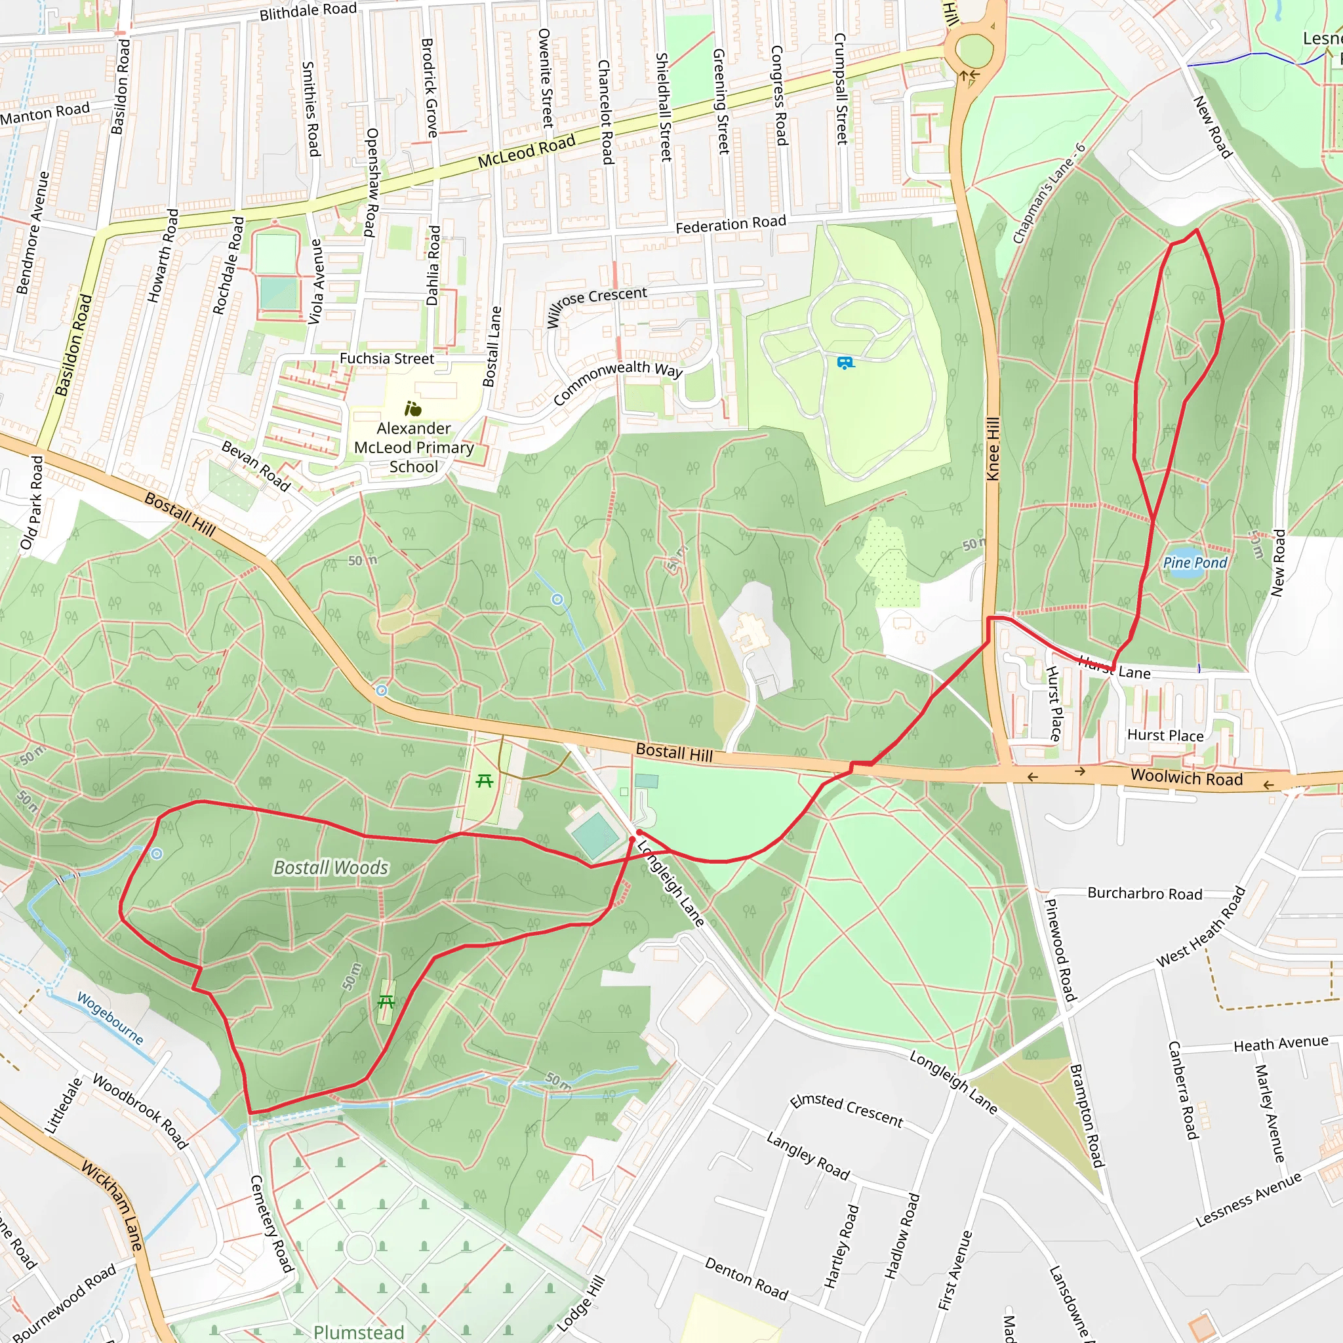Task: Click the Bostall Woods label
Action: pyautogui.click(x=331, y=868)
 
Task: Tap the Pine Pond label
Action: pyautogui.click(x=1195, y=563)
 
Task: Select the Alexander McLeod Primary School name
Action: pyautogui.click(x=414, y=448)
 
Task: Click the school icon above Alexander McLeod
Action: pyautogui.click(x=413, y=409)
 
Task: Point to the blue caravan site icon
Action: pyautogui.click(x=845, y=363)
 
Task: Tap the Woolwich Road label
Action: pyautogui.click(x=1186, y=777)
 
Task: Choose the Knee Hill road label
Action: pyautogui.click(x=993, y=449)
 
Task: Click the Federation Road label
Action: pyautogui.click(x=731, y=224)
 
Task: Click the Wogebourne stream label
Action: pyautogui.click(x=110, y=1018)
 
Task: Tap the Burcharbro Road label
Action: pyautogui.click(x=1144, y=893)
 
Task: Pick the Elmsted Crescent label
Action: pyautogui.click(x=846, y=1110)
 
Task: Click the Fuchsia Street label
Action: pyautogui.click(x=386, y=359)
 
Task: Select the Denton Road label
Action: pyautogui.click(x=746, y=1278)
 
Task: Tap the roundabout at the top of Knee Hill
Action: pyautogui.click(x=974, y=50)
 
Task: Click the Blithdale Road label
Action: pyautogui.click(x=308, y=11)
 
